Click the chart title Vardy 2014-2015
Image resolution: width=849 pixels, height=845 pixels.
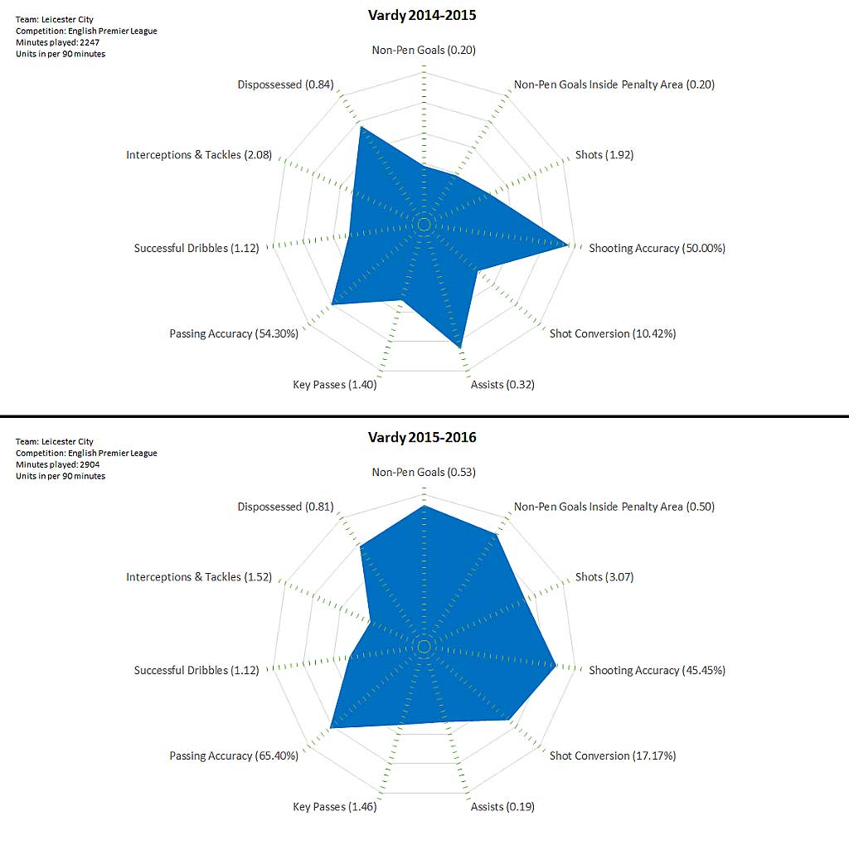click(423, 15)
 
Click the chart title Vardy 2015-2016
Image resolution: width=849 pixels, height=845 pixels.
click(423, 437)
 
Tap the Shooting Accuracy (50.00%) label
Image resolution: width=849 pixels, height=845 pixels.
click(657, 248)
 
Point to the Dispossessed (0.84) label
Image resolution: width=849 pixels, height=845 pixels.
click(285, 85)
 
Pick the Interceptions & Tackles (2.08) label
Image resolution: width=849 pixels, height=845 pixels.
click(199, 155)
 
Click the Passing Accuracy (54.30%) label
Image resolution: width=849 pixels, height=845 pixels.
click(234, 333)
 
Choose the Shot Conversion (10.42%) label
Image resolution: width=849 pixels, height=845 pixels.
click(613, 333)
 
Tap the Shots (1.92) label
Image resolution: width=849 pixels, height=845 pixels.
click(604, 155)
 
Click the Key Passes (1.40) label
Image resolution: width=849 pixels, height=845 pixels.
click(335, 385)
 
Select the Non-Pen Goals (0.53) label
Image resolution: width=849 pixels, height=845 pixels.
click(424, 473)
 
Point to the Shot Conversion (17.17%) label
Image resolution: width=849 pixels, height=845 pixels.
click(613, 755)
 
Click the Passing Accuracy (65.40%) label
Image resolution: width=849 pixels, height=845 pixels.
click(234, 755)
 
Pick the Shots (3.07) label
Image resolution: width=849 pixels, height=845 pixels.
click(604, 577)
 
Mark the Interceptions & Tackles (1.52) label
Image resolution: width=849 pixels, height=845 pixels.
click(199, 577)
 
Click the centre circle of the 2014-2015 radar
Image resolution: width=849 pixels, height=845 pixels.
click(424, 225)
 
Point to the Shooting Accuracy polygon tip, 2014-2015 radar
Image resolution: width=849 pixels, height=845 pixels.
click(567, 245)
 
